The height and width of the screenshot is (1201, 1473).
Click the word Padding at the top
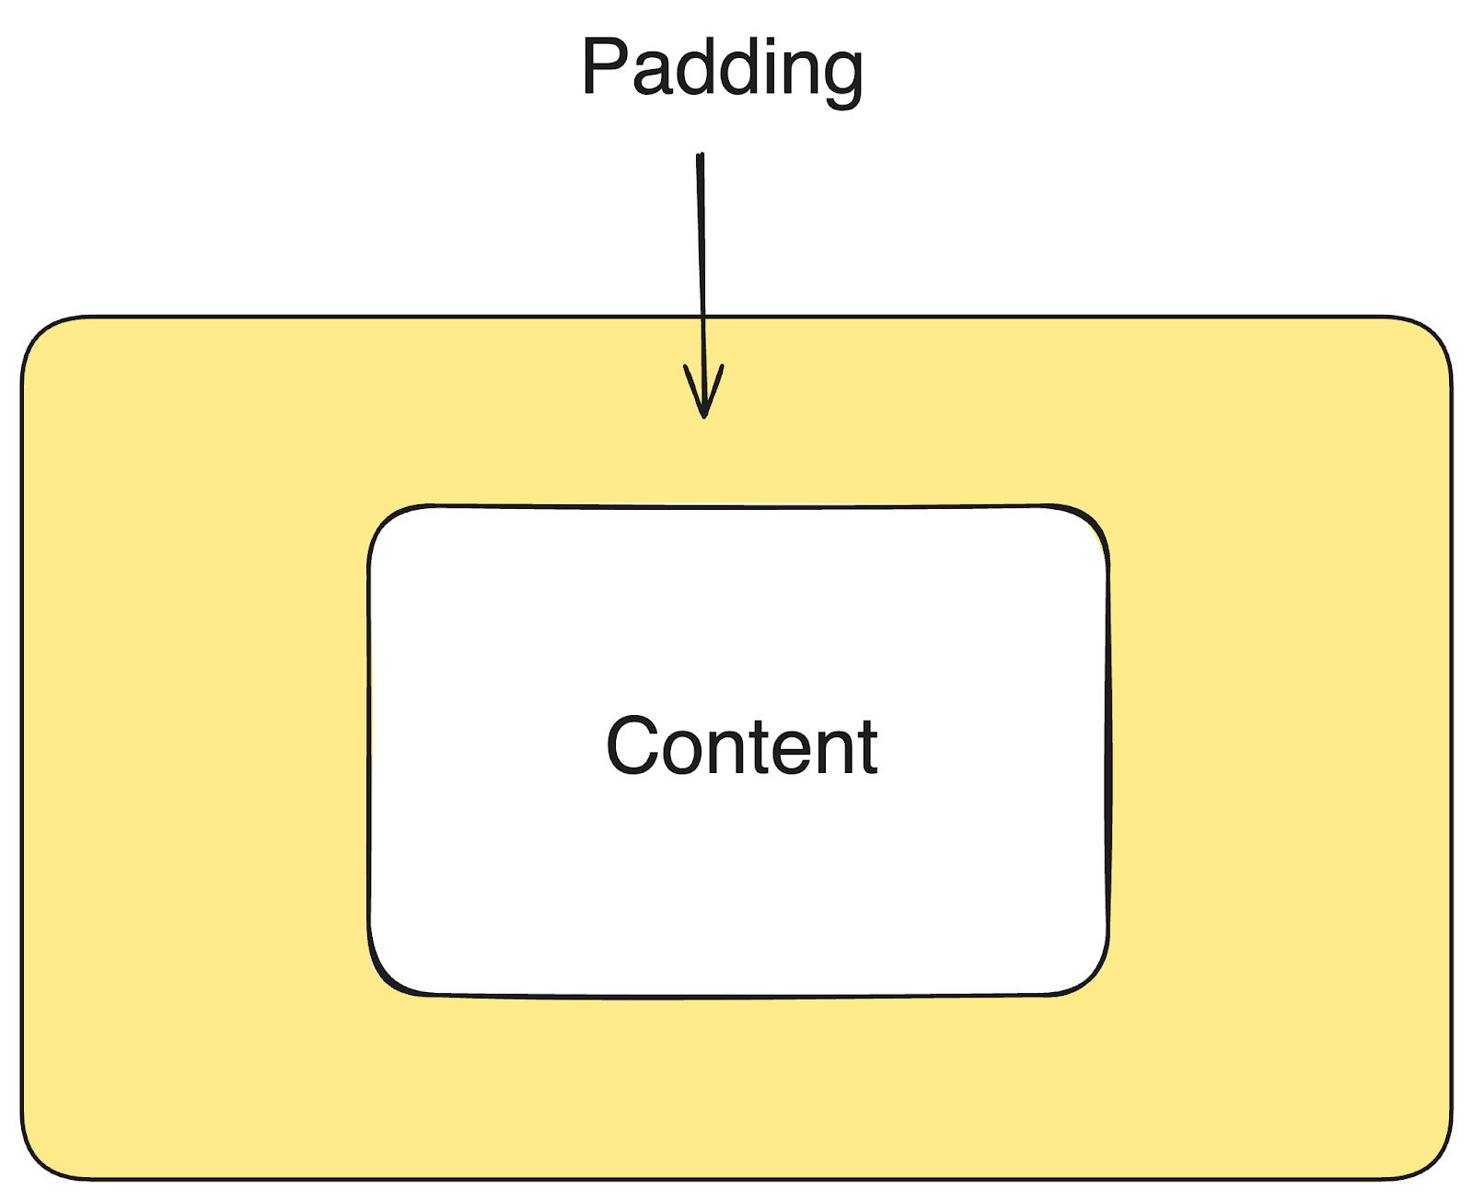pos(722,68)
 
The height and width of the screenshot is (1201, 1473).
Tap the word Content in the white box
pos(742,746)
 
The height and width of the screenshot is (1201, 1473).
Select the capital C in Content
pos(633,746)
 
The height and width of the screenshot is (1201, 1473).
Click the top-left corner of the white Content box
pos(387,525)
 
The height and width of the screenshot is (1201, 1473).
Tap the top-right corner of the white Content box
pos(1090,525)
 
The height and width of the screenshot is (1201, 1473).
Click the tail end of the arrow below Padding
pos(701,156)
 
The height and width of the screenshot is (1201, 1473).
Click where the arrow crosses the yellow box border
pos(702,318)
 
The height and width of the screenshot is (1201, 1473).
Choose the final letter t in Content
pos(866,746)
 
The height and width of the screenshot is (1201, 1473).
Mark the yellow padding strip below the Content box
pos(736,1086)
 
